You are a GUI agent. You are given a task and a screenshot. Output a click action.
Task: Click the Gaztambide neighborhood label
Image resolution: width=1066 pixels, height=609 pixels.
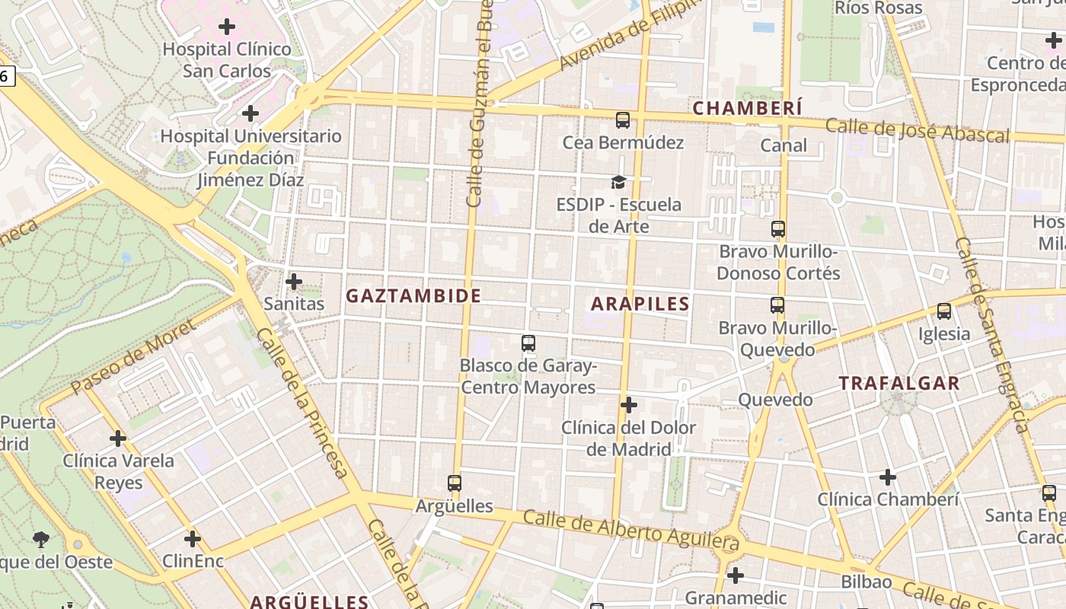pyautogui.click(x=413, y=296)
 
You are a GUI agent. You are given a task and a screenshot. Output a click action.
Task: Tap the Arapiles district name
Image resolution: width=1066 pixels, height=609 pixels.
pyautogui.click(x=640, y=304)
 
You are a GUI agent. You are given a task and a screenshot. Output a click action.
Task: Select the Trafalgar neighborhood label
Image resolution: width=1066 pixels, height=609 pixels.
pyautogui.click(x=899, y=384)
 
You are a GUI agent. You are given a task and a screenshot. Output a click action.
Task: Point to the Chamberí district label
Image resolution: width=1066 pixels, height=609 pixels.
pyautogui.click(x=747, y=109)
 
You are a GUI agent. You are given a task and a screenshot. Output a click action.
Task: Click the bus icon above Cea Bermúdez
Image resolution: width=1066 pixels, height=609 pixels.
pyautogui.click(x=623, y=120)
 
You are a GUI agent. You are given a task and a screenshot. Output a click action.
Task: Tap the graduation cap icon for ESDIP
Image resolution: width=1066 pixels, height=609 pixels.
pyautogui.click(x=618, y=183)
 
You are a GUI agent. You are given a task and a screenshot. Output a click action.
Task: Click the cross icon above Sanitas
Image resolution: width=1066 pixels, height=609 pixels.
pyautogui.click(x=294, y=282)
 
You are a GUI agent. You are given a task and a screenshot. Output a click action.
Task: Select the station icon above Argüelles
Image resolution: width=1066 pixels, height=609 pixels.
pyautogui.click(x=455, y=483)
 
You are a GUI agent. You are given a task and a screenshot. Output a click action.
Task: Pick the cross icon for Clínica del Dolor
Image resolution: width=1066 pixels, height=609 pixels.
pyautogui.click(x=629, y=405)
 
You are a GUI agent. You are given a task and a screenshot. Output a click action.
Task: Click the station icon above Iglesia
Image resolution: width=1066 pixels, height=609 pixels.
pyautogui.click(x=944, y=311)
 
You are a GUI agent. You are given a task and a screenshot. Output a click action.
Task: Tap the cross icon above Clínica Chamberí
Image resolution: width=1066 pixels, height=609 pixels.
pyautogui.click(x=888, y=477)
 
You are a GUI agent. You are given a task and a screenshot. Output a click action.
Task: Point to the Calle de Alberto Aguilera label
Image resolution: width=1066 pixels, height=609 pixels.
pyautogui.click(x=631, y=531)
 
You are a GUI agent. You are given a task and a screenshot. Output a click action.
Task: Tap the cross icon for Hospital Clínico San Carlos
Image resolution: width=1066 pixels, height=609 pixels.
pyautogui.click(x=227, y=27)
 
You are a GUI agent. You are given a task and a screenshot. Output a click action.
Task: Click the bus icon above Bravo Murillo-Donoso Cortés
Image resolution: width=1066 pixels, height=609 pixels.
pyautogui.click(x=778, y=229)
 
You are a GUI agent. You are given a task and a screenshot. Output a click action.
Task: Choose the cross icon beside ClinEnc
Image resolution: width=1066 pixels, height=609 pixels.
pyautogui.click(x=193, y=539)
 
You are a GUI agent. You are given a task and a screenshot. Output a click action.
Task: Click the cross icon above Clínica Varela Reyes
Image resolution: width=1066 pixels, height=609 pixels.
pyautogui.click(x=118, y=438)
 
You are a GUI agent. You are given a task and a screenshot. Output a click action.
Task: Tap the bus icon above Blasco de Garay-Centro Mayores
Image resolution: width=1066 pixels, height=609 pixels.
pyautogui.click(x=528, y=343)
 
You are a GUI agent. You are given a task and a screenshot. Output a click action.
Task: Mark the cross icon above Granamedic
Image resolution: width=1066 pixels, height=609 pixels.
pyautogui.click(x=735, y=575)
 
